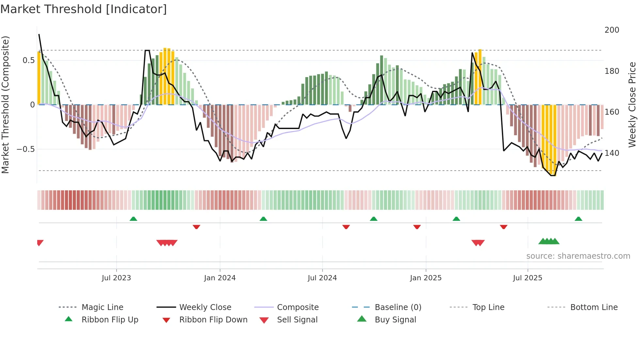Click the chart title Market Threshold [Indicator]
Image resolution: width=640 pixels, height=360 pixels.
click(x=84, y=9)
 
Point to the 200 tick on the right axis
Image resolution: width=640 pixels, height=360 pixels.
click(x=612, y=30)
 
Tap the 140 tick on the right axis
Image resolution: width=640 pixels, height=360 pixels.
click(x=612, y=153)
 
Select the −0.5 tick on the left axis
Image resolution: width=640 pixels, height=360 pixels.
click(x=25, y=149)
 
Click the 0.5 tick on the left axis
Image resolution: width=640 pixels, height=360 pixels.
click(x=28, y=60)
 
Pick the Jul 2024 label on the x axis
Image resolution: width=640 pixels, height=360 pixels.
click(x=322, y=278)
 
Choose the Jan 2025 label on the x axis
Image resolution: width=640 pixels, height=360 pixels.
click(x=425, y=278)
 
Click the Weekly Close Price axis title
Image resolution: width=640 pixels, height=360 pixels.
click(x=632, y=105)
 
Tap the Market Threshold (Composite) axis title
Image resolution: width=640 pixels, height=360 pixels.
click(x=5, y=105)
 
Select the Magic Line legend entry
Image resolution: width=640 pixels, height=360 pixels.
click(x=102, y=307)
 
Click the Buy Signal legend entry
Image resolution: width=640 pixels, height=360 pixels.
click(x=395, y=320)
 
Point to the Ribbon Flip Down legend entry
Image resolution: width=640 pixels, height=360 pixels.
click(x=213, y=320)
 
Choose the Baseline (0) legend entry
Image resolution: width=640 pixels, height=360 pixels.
click(x=398, y=307)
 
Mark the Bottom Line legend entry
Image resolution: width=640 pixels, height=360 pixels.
click(x=594, y=307)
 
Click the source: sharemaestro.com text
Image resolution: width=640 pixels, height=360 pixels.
click(x=578, y=256)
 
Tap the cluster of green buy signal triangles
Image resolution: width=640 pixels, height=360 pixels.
click(x=549, y=241)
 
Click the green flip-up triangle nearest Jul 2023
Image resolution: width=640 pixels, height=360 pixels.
click(x=133, y=219)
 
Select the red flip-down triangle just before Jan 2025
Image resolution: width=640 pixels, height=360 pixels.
click(x=417, y=227)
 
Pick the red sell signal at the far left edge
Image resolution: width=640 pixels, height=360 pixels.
click(x=40, y=243)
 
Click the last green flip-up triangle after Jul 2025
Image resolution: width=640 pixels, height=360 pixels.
click(x=578, y=219)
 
